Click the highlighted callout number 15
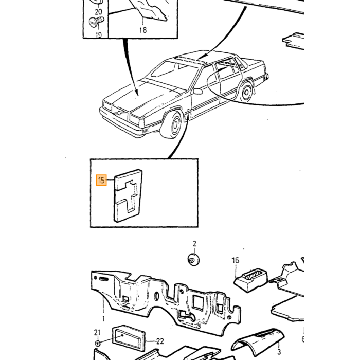coord(101,180)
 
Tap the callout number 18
coord(143,30)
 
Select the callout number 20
coord(98,11)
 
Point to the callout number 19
coord(99,35)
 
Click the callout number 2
coord(195,243)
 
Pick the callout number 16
coord(236,260)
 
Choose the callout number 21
coord(97,332)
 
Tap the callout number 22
coord(160,341)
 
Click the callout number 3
coord(279,351)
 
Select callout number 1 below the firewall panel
coord(103,319)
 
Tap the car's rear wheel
coord(246,92)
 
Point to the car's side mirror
coord(197,92)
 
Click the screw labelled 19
coord(97,22)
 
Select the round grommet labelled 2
coord(193,260)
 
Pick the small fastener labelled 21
coord(98,344)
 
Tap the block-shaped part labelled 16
coord(251,281)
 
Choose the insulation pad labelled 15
coord(128,195)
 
